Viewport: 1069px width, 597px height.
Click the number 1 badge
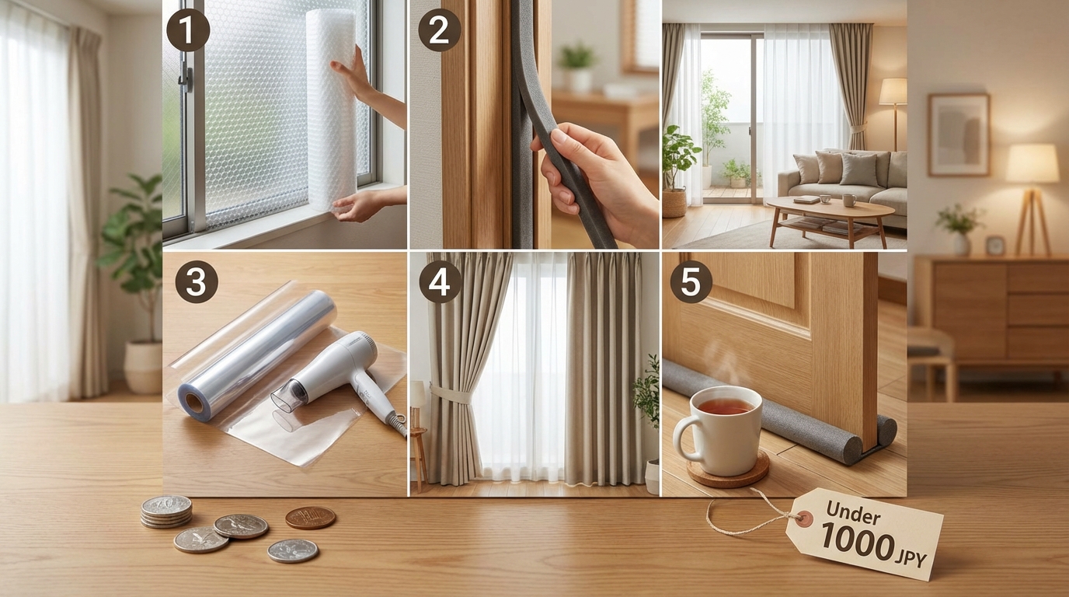(x=187, y=30)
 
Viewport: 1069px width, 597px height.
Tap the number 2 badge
(x=439, y=30)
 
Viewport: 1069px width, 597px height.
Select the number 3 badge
(x=196, y=281)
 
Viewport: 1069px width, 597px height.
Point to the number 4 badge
(x=440, y=281)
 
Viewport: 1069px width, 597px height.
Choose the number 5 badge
(x=691, y=281)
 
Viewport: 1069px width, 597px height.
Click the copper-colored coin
(x=310, y=518)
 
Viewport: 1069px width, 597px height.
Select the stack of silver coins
(x=166, y=511)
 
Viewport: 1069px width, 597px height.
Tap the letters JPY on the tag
(x=912, y=557)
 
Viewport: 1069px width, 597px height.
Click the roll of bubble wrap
(x=331, y=110)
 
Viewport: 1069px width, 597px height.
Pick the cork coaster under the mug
(x=728, y=470)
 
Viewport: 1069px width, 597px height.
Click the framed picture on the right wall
(x=958, y=134)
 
